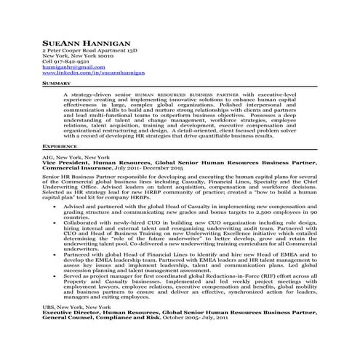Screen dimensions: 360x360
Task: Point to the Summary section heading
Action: click(56, 84)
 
